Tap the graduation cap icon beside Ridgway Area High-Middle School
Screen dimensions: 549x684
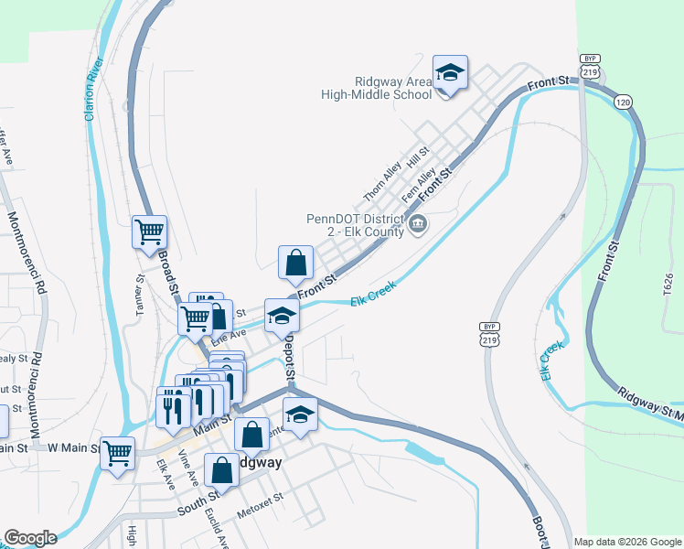pos(450,72)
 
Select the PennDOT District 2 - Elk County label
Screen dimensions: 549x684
pos(355,225)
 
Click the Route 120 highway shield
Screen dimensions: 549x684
pos(623,102)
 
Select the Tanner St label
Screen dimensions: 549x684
pos(141,294)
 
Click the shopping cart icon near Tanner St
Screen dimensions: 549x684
pos(149,231)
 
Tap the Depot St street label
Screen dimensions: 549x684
pos(288,357)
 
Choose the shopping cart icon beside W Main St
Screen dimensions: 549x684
pos(118,453)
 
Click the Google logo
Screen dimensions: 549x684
pos(29,538)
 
